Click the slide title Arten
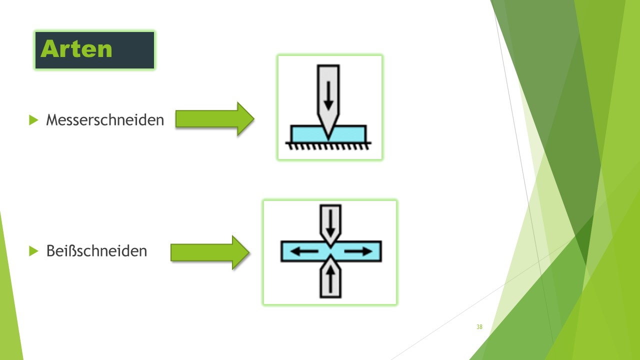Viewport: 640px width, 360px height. point(76,49)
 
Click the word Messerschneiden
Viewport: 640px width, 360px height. point(105,120)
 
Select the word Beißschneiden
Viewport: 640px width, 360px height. point(96,250)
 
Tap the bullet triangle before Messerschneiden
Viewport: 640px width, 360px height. point(33,120)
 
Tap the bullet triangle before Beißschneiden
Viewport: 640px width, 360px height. point(33,250)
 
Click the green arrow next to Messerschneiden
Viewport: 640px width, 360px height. point(214,119)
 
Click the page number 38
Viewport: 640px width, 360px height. point(479,327)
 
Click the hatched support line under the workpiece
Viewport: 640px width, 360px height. point(328,145)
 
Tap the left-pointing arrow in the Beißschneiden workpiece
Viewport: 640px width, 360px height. point(304,251)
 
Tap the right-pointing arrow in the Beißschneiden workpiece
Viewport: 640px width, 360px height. point(358,251)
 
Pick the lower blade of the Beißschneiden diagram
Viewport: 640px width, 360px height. point(330,287)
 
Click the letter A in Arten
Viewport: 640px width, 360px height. point(49,49)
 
